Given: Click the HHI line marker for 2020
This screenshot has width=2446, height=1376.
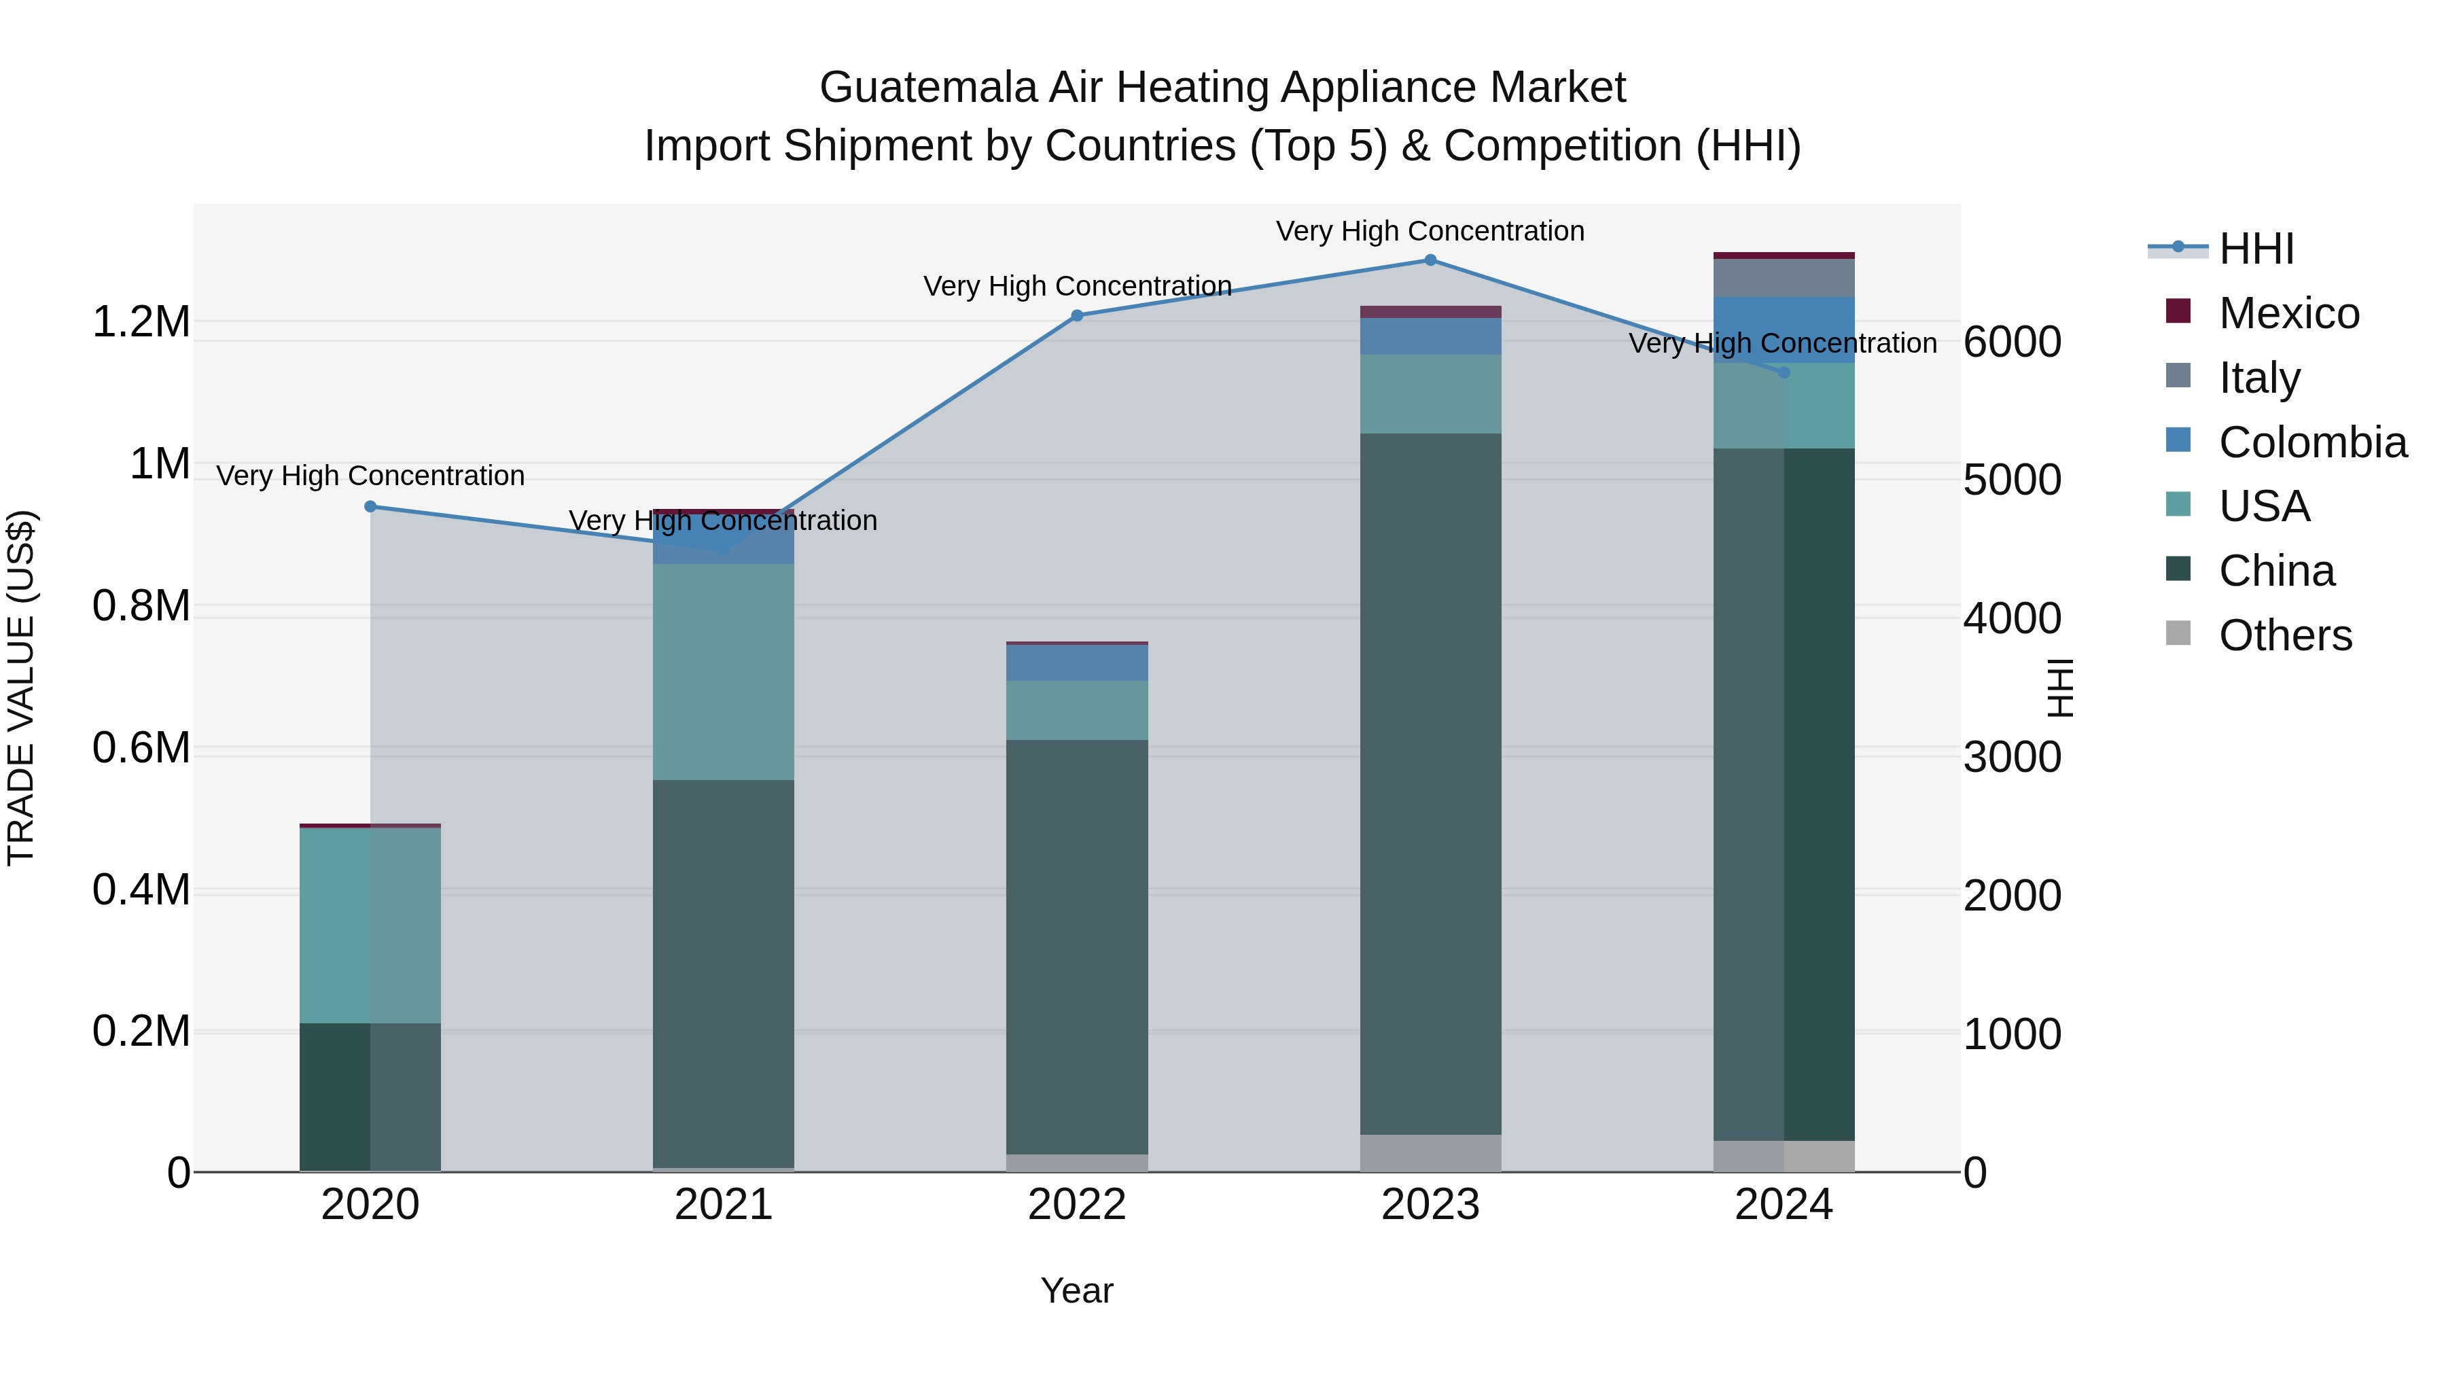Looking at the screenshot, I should [x=370, y=506].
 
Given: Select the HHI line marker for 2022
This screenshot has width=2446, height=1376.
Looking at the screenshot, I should [x=1077, y=315].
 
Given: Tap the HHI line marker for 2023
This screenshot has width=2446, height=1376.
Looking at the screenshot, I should [x=1430, y=260].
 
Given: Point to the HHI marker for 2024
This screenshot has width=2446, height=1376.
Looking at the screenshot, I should [x=1784, y=372].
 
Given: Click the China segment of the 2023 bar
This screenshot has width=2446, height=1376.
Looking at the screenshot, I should [x=1430, y=783].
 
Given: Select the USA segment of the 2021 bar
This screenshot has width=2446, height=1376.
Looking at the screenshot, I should [x=724, y=671].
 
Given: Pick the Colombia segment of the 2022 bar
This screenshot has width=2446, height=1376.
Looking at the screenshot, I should [x=1077, y=662].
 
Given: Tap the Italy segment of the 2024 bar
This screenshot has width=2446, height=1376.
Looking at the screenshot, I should [x=1784, y=277].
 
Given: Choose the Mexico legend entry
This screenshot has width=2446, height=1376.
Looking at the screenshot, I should [x=2288, y=313].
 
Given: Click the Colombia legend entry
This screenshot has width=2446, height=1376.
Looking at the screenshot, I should [x=2312, y=442].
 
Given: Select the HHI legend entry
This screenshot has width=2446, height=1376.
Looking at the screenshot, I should [x=2256, y=249].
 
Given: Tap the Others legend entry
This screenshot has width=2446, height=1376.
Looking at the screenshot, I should [x=2284, y=635].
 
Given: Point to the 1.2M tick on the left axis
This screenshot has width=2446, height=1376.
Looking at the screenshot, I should [x=141, y=322].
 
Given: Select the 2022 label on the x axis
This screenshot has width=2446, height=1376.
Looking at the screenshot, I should [x=1077, y=1205].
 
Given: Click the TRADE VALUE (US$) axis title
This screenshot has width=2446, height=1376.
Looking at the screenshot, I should [x=21, y=688].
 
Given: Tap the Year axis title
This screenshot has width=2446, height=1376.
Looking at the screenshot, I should [x=1077, y=1290].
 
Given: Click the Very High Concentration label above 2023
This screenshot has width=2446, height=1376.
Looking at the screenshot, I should [x=1430, y=231].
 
